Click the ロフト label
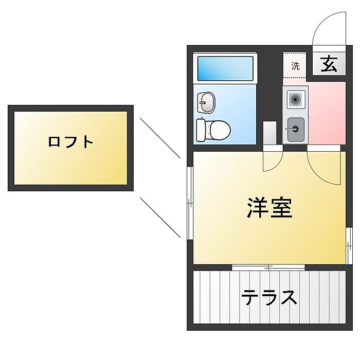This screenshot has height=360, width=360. [70, 141]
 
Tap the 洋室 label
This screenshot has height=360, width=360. [269, 207]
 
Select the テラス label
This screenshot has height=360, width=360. [269, 298]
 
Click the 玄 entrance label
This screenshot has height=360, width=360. [329, 65]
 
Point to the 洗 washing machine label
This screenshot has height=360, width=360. [295, 66]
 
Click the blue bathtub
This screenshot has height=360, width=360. [225, 68]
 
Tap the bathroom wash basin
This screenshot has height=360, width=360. [206, 102]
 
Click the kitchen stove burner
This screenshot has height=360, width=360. [295, 99]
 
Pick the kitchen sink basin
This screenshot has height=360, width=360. [295, 128]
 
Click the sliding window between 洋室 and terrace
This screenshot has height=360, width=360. [268, 267]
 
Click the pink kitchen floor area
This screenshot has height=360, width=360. [327, 113]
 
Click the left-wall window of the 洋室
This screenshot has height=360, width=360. [189, 203]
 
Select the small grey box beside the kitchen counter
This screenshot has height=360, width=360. [269, 133]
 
